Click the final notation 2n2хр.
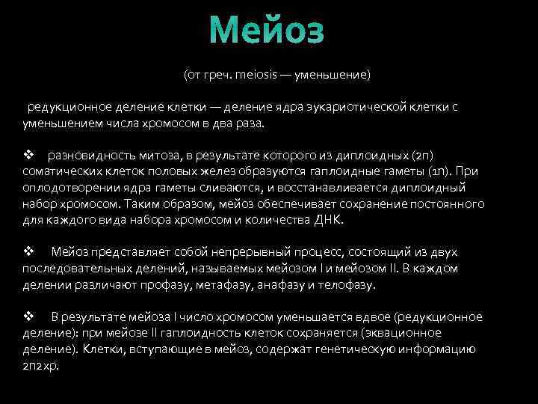click(40, 365)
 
